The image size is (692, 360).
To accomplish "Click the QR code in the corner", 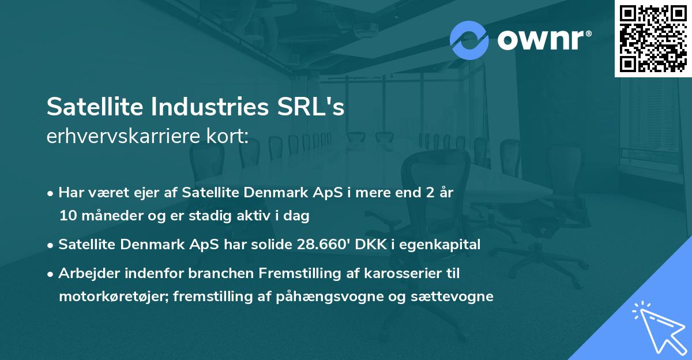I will click(653, 38).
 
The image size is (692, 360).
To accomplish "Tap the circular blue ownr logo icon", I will click(469, 40).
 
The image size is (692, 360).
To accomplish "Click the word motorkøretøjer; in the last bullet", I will click(108, 297).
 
